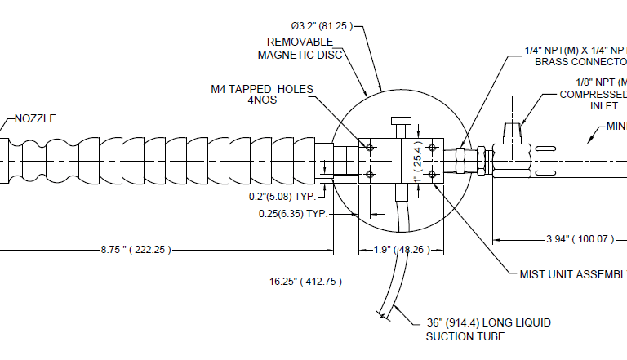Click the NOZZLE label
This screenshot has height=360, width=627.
[x=36, y=118]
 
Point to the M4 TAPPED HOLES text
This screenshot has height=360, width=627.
[x=260, y=89]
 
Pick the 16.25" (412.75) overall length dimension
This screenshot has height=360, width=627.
[x=305, y=282]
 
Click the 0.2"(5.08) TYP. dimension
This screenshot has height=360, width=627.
[x=282, y=197]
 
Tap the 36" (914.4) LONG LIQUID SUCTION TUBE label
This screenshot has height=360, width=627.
[x=488, y=329]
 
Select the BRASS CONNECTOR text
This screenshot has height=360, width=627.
[x=580, y=61]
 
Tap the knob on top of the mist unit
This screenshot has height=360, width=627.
[x=402, y=127]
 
